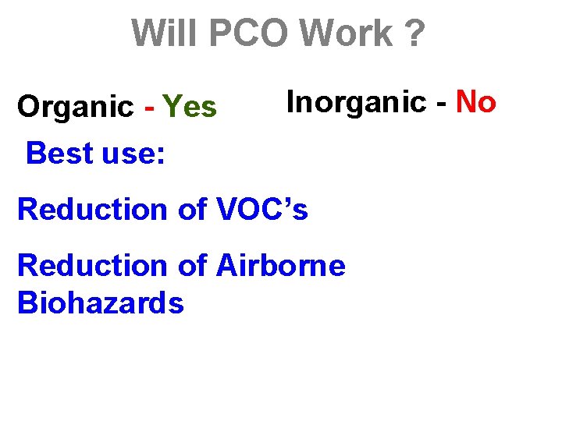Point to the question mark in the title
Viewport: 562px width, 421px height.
point(414,34)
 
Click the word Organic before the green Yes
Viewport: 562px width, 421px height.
point(76,108)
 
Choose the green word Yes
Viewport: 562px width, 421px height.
point(190,107)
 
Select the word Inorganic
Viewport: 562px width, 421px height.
point(358,101)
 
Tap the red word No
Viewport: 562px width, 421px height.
point(476,101)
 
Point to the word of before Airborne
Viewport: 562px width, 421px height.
point(195,266)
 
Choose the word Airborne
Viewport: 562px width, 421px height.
point(281,266)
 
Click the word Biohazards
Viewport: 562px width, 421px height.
point(100,302)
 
